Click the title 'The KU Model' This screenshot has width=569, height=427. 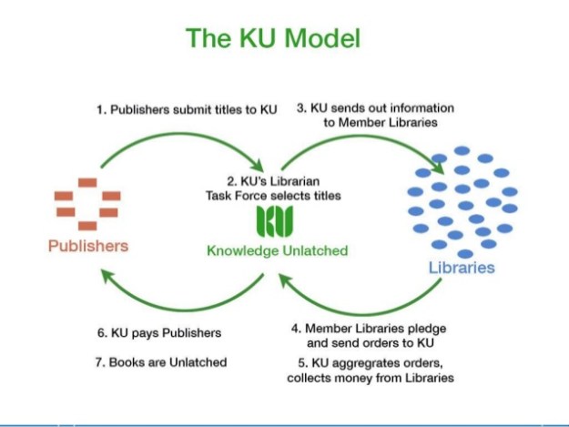pyautogui.click(x=273, y=38)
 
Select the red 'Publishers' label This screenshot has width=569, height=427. pyautogui.click(x=88, y=246)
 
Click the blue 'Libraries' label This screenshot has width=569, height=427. pyautogui.click(x=462, y=267)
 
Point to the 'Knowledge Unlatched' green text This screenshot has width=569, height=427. pyautogui.click(x=277, y=250)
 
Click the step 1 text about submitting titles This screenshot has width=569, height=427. pyautogui.click(x=187, y=109)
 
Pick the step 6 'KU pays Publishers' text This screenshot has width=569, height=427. pyautogui.click(x=159, y=333)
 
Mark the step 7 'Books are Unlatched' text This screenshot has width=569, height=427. pyautogui.click(x=161, y=362)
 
